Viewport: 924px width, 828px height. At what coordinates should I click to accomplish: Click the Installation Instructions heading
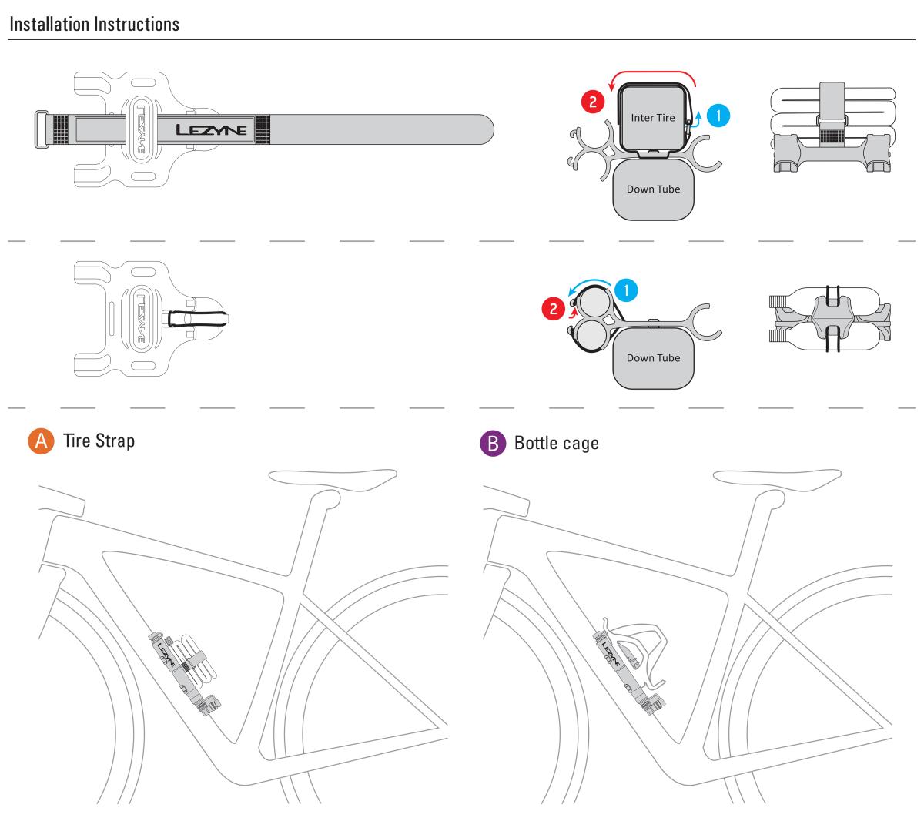coord(94,24)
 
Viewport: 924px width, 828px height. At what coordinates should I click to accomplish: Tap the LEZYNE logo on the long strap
coord(212,129)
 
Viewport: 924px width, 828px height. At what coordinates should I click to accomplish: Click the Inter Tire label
coord(652,118)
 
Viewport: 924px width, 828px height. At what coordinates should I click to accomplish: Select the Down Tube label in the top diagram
coord(653,189)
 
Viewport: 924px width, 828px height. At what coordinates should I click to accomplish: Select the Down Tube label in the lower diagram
coord(653,357)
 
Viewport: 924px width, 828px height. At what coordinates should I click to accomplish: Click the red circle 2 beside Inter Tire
coord(591,101)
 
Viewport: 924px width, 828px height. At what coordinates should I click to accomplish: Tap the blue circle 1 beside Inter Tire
coord(718,115)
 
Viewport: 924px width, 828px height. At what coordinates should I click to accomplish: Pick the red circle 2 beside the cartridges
coord(552,310)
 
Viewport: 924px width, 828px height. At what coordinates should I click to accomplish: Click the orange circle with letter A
coord(39,441)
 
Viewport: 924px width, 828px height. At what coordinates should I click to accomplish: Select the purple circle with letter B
coord(490,444)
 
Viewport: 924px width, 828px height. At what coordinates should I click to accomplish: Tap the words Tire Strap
coord(99,441)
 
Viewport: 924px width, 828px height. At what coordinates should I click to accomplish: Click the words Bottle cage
coord(556,444)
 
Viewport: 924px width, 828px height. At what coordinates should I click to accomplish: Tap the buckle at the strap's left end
coord(42,129)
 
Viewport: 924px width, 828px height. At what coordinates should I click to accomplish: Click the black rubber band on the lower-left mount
coord(197,316)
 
